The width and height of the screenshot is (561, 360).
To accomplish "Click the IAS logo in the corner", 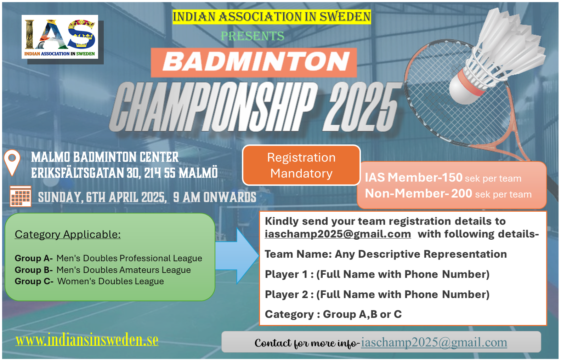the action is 59,37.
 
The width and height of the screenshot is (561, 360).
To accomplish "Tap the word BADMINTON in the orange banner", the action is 256,62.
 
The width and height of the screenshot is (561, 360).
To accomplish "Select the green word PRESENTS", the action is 253,36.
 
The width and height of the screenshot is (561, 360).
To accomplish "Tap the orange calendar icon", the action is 21,196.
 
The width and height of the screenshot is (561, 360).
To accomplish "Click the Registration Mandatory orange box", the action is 301,165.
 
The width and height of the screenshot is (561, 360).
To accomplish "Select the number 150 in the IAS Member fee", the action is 452,177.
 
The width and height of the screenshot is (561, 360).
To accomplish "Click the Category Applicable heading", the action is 68,235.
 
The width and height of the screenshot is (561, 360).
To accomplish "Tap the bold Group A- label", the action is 34,258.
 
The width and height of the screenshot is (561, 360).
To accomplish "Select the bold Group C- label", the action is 34,281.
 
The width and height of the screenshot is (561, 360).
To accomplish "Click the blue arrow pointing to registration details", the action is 237,256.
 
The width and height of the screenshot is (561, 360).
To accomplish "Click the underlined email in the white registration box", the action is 338,234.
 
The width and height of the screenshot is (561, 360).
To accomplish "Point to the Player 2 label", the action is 287,295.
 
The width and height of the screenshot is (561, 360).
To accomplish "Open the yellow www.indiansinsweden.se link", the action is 87,340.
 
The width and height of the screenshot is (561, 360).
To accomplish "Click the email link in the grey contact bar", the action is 434,342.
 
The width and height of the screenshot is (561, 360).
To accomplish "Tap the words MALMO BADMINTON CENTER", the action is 105,157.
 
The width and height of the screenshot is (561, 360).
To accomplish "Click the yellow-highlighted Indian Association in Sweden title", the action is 272,17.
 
